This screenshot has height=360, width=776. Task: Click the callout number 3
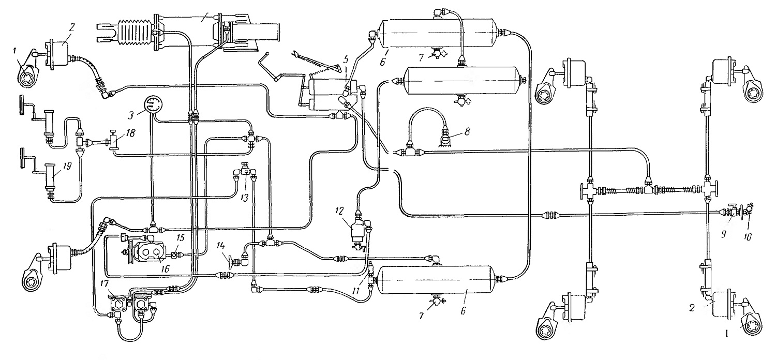coord(130,115)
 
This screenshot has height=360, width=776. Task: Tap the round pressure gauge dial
coord(153,104)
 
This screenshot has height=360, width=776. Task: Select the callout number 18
coord(131,133)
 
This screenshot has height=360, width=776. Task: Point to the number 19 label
coord(67,167)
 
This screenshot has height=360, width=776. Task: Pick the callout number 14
coord(221,246)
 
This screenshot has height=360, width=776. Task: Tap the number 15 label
coord(181,238)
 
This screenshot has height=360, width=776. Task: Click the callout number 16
coord(165,269)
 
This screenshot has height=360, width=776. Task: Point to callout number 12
coord(339,211)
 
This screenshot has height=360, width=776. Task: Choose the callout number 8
coord(467,132)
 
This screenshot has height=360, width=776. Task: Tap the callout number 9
coord(723,235)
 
